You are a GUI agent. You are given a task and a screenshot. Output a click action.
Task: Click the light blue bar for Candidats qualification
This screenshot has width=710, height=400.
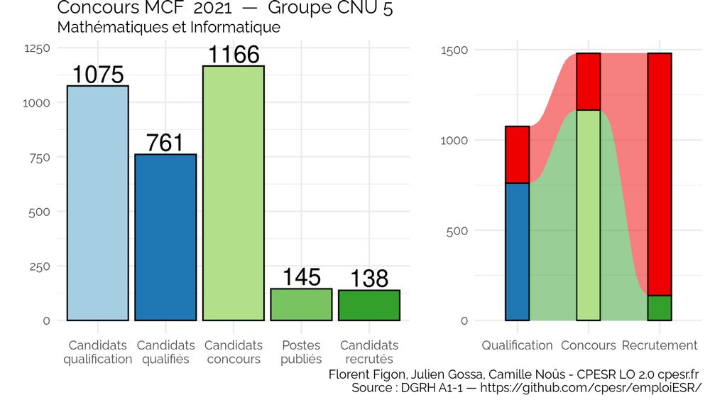97,203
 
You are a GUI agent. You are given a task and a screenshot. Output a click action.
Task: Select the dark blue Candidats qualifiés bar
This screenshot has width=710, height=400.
165,237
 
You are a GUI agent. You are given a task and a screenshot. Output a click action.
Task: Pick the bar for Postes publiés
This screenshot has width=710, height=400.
301,305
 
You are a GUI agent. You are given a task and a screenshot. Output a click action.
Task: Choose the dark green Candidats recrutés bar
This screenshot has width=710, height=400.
369,306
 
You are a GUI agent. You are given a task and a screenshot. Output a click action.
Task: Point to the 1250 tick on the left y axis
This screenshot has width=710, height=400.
37,48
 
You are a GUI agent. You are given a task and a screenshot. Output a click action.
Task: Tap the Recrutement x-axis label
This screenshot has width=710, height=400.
660,345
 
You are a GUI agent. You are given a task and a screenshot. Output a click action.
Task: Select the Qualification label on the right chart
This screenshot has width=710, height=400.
517,345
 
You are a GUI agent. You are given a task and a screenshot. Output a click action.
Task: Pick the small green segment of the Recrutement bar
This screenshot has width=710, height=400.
660,308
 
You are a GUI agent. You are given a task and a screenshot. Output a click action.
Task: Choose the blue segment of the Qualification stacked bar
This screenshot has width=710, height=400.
517,252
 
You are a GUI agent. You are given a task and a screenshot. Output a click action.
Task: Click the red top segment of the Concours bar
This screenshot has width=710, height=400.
589,82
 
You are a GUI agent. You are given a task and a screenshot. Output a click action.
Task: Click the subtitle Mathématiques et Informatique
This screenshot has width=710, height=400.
168,28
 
